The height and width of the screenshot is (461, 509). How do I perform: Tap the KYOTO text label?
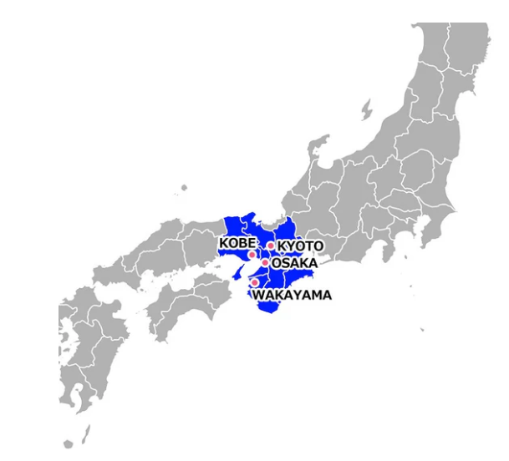299,246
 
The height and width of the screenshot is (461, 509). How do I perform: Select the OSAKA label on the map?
294,262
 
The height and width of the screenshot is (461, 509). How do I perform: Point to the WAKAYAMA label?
292,295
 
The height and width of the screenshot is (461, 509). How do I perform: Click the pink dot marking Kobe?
252,254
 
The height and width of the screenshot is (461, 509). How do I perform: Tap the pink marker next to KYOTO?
270,246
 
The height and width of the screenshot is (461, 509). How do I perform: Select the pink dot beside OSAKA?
264,262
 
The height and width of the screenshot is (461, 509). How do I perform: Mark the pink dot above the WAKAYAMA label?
255,282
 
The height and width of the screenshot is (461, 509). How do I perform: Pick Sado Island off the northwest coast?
366,109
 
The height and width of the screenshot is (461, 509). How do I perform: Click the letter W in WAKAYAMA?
259,295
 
